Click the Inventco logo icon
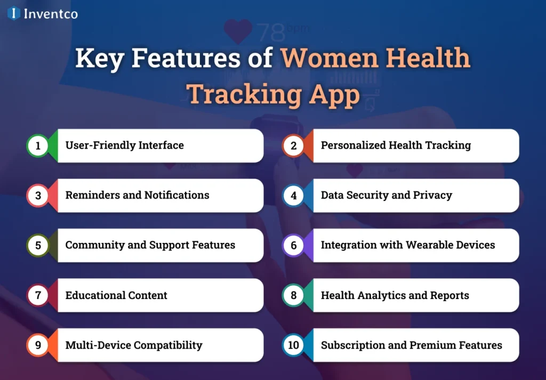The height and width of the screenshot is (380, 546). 14,13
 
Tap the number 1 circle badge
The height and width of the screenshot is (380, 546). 38,145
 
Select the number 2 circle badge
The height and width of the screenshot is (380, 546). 293,145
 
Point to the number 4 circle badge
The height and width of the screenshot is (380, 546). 293,196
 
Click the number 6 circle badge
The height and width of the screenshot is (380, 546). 293,246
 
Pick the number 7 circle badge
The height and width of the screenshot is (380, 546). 38,295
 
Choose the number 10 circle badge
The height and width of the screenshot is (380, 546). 293,345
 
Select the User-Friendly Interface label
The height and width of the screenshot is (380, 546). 124,145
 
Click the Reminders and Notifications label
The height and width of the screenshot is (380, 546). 137,195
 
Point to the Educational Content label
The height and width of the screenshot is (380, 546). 116,295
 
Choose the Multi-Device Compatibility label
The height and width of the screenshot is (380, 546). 134,345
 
